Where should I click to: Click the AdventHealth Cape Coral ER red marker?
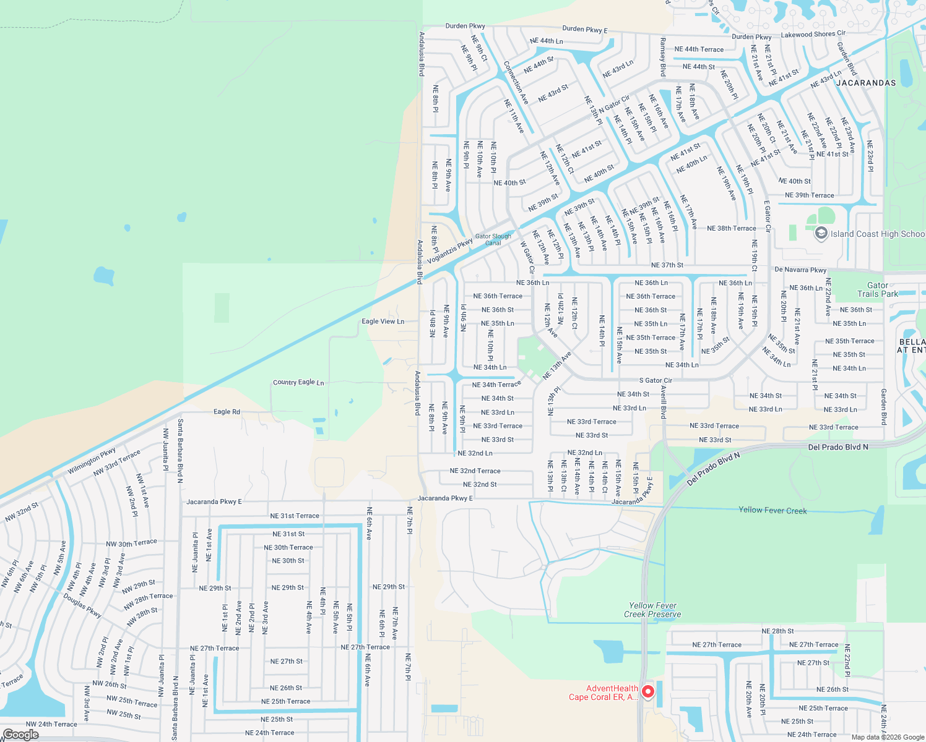point(647,691)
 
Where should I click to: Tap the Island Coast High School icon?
point(821,233)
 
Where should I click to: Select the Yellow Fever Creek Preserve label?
point(652,610)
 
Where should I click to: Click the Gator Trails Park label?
point(877,289)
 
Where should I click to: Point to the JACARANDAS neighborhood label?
point(866,83)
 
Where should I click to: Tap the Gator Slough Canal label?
point(493,240)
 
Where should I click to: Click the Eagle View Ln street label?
point(383,322)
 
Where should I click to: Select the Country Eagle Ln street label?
point(298,383)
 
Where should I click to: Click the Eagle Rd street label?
point(227,412)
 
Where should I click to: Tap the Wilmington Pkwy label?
point(92,461)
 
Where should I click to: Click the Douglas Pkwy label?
point(82,605)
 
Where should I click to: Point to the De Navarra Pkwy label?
point(800,270)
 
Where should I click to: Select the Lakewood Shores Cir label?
point(813,35)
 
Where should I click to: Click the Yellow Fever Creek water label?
point(772,510)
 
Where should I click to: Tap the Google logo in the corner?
point(20,735)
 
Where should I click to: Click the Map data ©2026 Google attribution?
point(888,737)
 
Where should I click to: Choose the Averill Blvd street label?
point(663,403)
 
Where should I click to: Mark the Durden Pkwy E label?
point(584,29)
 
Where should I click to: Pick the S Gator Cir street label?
point(656,381)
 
